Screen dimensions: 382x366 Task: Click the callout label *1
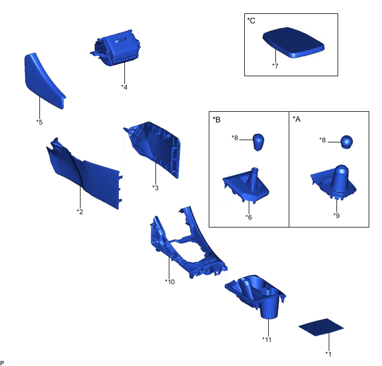[328, 354]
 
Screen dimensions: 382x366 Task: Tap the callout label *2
[80, 211]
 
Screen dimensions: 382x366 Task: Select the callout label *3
[155, 187]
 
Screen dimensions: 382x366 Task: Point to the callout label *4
[124, 87]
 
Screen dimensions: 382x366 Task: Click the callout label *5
[39, 122]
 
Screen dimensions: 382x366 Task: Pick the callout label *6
[249, 217]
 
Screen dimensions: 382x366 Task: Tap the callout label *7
[275, 66]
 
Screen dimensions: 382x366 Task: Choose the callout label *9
[336, 215]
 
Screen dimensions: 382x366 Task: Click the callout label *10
[170, 282]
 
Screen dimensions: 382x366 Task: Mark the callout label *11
[267, 339]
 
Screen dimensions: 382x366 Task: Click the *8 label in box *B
[235, 137]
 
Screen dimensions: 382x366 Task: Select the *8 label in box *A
[323, 140]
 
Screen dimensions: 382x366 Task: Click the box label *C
[251, 21]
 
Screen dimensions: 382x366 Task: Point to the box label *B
[217, 120]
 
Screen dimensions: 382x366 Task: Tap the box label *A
[296, 119]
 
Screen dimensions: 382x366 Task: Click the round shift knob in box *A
[346, 142]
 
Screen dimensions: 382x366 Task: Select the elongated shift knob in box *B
[258, 142]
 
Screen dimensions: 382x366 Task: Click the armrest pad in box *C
[293, 42]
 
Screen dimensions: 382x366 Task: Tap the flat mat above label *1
[321, 327]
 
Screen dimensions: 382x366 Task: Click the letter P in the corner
[2, 363]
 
